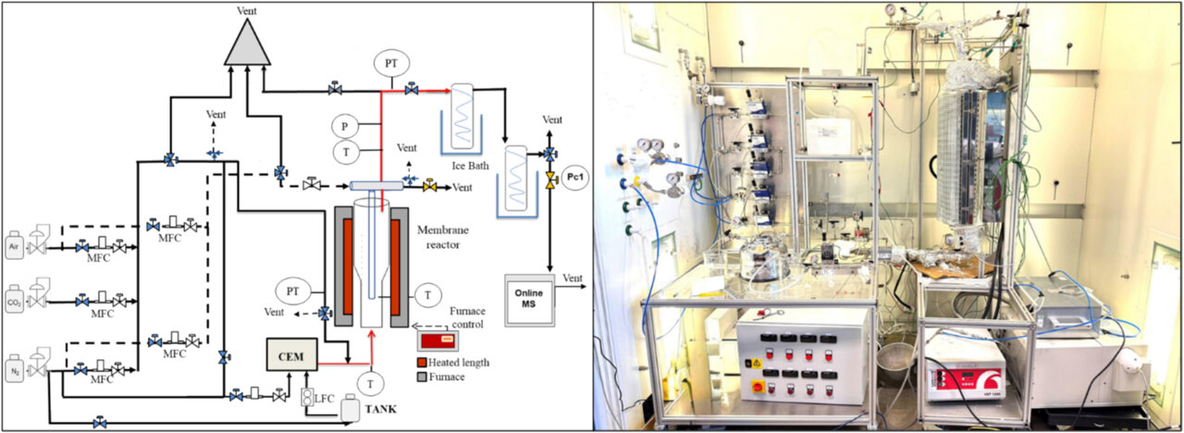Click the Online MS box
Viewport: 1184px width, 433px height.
(x=528, y=299)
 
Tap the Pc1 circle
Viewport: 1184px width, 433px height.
(x=575, y=178)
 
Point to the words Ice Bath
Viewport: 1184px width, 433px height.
(x=469, y=166)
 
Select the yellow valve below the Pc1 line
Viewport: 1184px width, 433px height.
(x=550, y=176)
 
